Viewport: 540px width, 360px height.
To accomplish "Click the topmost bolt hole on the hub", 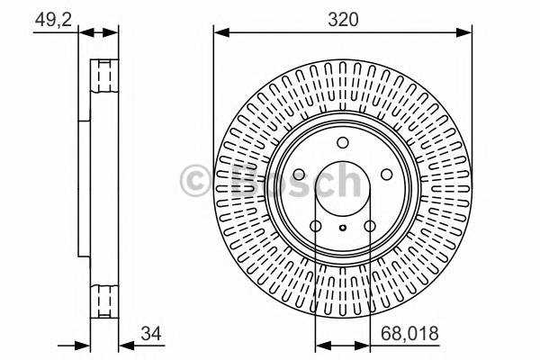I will point(342,143).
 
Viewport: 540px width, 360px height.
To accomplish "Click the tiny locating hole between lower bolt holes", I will point(342,228).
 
